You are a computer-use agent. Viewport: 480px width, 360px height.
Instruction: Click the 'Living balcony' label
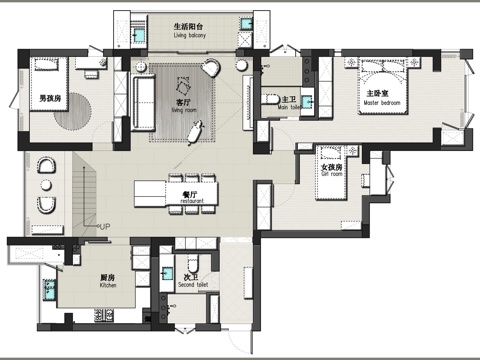coord(189,36)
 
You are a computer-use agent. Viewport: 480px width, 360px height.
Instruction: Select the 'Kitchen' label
coord(109,285)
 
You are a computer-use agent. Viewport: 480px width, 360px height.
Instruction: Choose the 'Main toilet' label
coord(289,107)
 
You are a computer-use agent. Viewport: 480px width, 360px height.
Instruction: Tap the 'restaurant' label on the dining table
coord(193,201)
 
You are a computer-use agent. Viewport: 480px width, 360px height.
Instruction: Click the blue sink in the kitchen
coord(46,290)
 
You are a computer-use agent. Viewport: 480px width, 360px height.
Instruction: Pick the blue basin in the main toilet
coord(307,99)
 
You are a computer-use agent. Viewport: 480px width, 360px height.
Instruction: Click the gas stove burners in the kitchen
coord(106,317)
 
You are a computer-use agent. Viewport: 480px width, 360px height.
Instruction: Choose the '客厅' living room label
coord(183,102)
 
